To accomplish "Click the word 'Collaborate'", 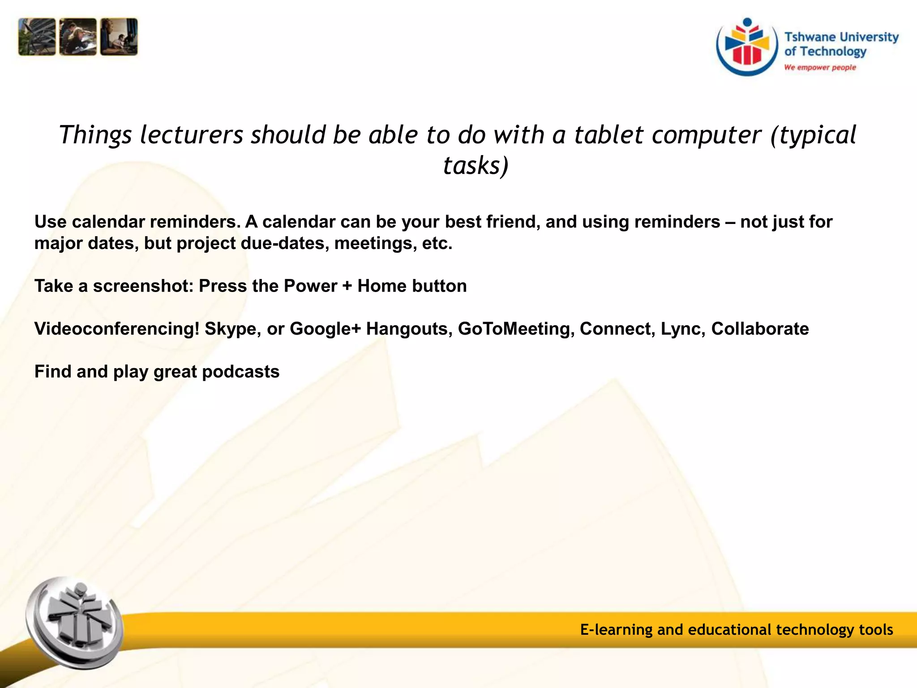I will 760,329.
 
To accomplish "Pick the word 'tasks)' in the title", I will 476,166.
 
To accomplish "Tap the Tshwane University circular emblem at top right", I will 747,47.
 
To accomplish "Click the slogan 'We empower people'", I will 820,68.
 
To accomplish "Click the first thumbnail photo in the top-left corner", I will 37,37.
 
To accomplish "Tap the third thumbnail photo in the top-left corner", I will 119,37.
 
